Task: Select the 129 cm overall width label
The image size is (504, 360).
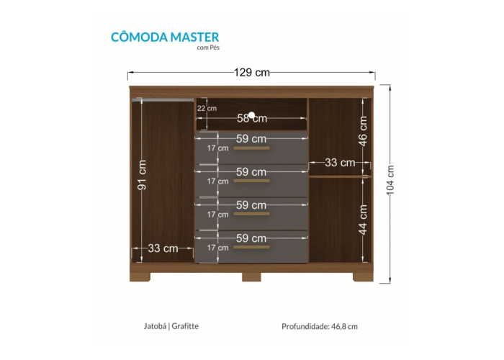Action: tap(251, 72)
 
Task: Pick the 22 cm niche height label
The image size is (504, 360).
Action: tap(207, 109)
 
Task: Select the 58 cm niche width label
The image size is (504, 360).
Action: tap(251, 118)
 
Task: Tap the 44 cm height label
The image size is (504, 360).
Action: tap(363, 219)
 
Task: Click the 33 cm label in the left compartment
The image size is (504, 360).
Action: tap(161, 248)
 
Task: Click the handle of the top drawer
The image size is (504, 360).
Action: tap(251, 148)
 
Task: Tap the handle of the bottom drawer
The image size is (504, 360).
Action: tap(251, 247)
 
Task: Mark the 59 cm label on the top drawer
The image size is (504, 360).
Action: tap(251, 138)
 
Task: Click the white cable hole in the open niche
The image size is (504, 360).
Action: tap(252, 114)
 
